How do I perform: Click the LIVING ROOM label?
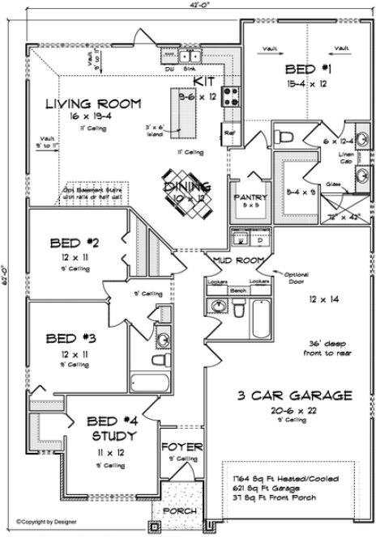tap(92, 104)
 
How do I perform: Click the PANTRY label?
tap(246, 197)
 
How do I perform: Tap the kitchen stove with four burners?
tap(230, 97)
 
